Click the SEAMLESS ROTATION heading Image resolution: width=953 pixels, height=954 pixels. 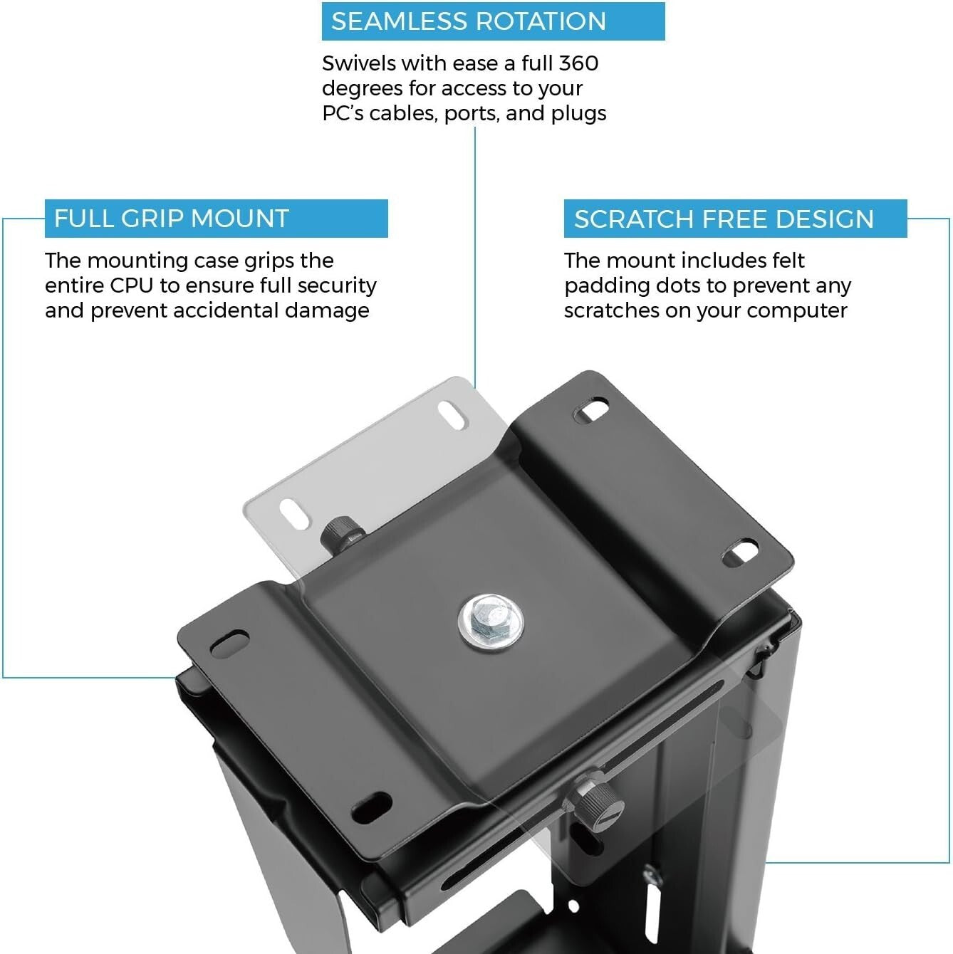coord(468,21)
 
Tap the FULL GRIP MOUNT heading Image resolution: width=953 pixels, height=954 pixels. coord(171,219)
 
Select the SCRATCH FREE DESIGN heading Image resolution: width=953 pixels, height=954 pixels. coord(724,219)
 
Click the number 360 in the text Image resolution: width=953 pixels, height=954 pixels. coord(578,63)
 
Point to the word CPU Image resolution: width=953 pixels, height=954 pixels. coord(132,285)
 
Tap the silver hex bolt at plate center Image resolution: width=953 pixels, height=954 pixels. coord(491,621)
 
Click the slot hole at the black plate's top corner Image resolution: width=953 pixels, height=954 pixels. coord(591,411)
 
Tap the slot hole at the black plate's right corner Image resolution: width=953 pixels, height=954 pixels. coord(741,553)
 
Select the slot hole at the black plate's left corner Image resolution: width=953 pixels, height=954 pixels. coord(229,642)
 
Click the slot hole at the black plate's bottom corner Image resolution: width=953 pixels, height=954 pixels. coord(372,806)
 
